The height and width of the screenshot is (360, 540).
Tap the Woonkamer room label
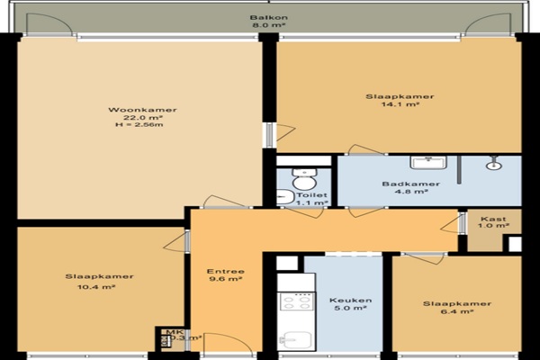tap(142, 110)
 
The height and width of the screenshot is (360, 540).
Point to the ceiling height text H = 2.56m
tap(139, 125)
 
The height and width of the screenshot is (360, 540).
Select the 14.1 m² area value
tap(400, 104)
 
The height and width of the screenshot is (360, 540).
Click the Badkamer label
tap(411, 184)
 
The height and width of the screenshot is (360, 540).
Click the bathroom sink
tap(428, 162)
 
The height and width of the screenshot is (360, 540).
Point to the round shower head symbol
tap(494, 165)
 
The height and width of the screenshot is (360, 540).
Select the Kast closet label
tap(493, 219)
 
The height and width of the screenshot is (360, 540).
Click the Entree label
tap(226, 272)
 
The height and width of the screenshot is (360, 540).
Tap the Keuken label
tap(351, 300)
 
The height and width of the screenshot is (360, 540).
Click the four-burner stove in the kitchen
tap(296, 302)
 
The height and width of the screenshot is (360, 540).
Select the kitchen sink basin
tap(296, 340)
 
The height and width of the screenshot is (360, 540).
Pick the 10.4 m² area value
tap(96, 286)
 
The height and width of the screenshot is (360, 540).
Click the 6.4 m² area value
tap(456, 311)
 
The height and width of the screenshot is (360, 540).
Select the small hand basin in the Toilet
tap(285, 197)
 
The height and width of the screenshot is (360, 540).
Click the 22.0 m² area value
tap(143, 118)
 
